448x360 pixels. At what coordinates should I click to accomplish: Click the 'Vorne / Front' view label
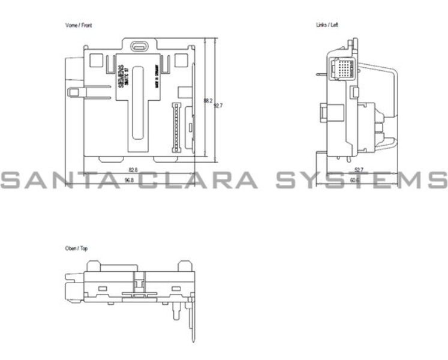(x=79, y=26)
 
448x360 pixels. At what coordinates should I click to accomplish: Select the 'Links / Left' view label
(x=327, y=26)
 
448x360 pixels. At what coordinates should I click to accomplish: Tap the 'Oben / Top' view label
(x=76, y=248)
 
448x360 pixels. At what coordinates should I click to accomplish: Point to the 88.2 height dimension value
(x=208, y=101)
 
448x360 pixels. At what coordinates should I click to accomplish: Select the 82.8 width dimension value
(x=133, y=170)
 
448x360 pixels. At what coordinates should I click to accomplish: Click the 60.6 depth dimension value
(x=355, y=180)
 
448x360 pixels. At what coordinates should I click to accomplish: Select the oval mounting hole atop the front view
(x=139, y=45)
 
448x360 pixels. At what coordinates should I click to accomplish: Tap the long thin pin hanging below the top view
(x=192, y=324)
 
